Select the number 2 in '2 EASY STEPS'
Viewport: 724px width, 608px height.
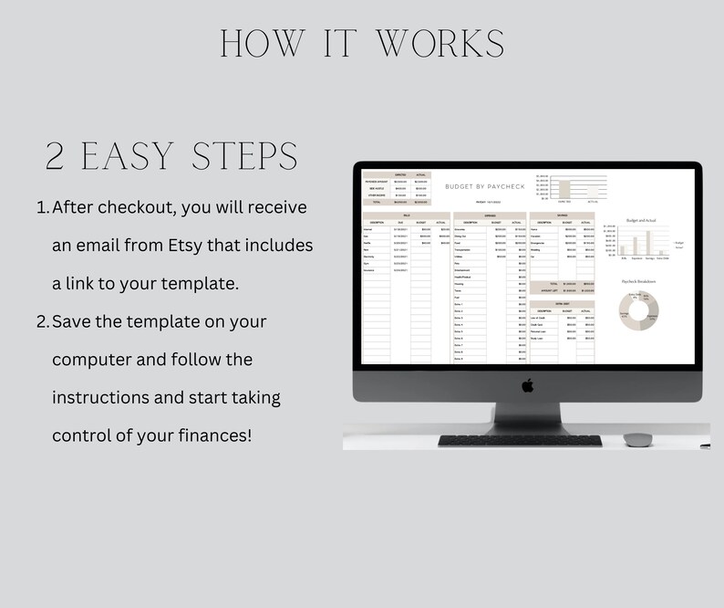[x=57, y=157]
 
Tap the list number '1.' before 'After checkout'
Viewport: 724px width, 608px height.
[x=43, y=208]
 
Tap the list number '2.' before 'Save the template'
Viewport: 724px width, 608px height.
[x=43, y=321]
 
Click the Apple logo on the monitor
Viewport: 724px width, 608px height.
[x=527, y=385]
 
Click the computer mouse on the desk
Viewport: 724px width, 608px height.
[x=636, y=439]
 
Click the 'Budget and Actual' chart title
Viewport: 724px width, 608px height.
[x=643, y=220]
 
